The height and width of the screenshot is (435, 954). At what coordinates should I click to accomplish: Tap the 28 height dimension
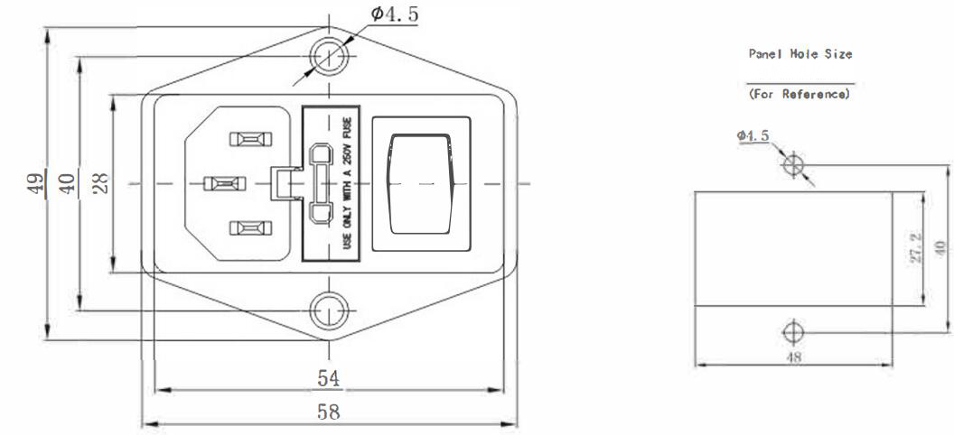pos(101,183)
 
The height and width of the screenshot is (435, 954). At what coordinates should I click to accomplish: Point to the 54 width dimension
pos(328,378)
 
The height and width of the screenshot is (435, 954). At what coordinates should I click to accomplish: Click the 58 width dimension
pos(328,412)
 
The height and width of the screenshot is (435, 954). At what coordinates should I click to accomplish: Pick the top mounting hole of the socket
pos(328,57)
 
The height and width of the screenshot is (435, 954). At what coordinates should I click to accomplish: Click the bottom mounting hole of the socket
pos(328,311)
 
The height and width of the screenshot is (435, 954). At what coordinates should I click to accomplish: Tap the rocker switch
pos(420,183)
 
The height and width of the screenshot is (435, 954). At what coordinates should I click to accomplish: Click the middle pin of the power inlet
pos(221,183)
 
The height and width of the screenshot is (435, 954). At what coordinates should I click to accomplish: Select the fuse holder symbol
pos(319,184)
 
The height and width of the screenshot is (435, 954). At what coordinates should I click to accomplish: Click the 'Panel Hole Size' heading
pos(800,54)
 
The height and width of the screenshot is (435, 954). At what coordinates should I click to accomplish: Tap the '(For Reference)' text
pos(800,93)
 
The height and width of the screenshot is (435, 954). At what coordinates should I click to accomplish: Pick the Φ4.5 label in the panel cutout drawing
pos(753,135)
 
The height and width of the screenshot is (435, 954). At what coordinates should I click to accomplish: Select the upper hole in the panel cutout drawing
pos(794,165)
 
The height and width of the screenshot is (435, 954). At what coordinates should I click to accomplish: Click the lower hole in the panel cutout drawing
pos(792,331)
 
